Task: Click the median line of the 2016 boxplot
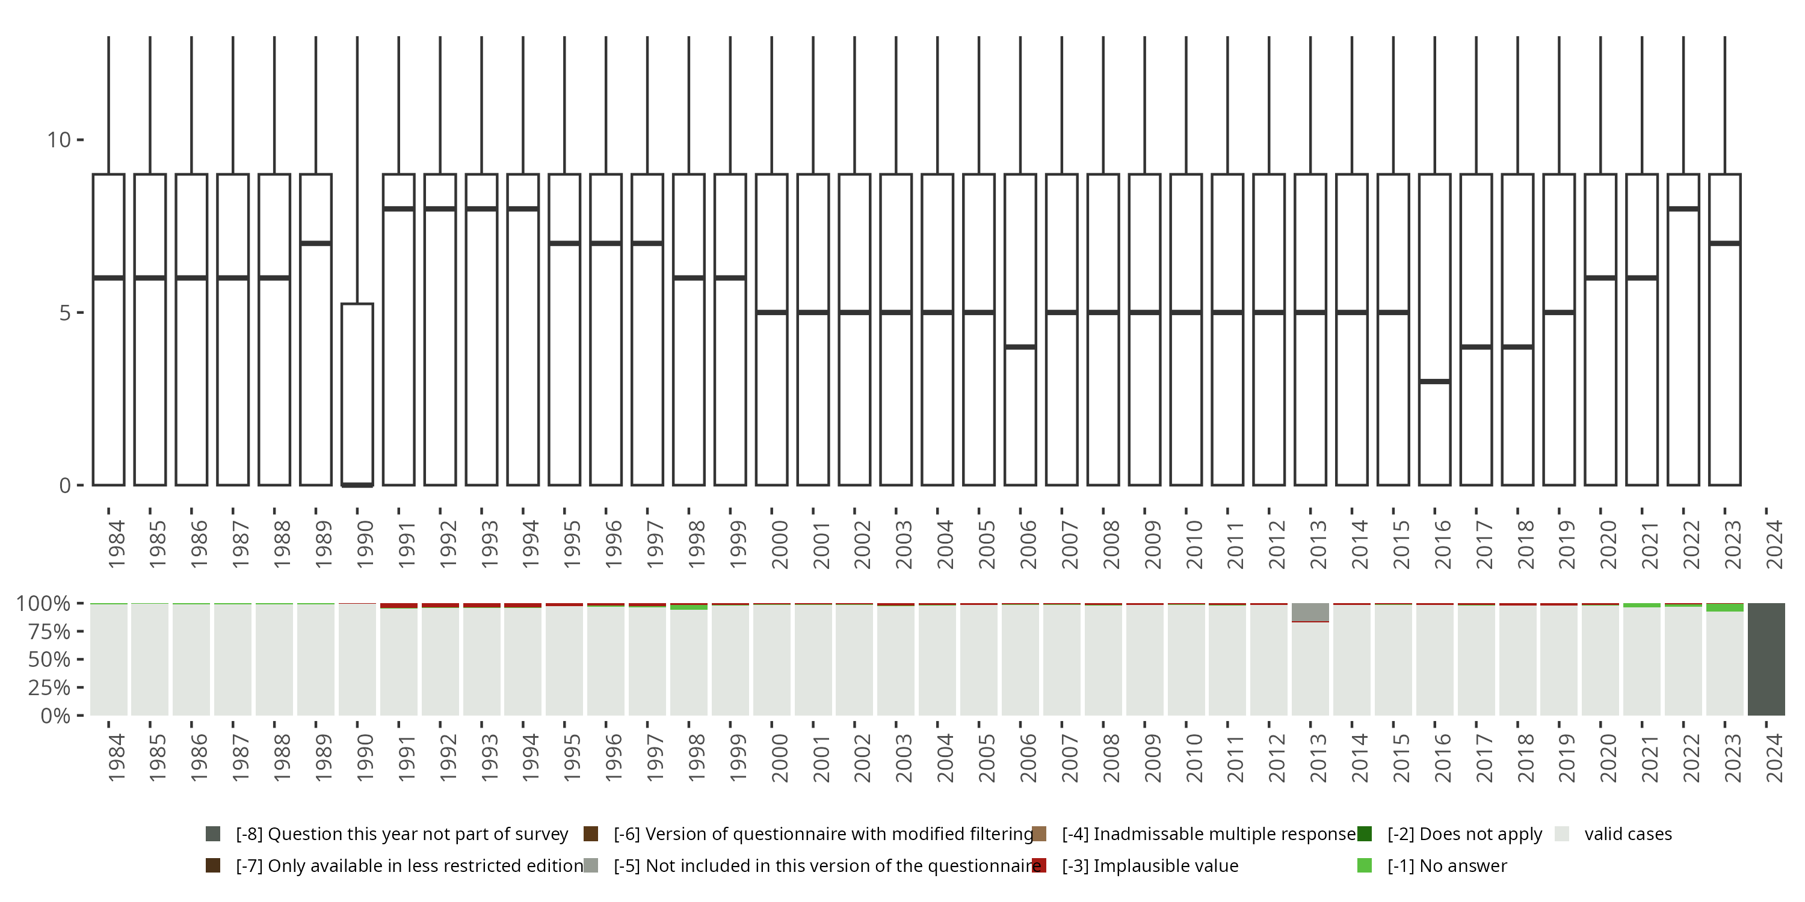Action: (x=1434, y=382)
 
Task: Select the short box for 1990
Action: (x=357, y=392)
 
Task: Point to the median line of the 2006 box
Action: (x=1020, y=346)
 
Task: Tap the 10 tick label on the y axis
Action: (x=59, y=140)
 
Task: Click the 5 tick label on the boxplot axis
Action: (x=65, y=312)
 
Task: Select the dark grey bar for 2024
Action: (x=1766, y=659)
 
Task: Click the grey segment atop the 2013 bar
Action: (x=1310, y=612)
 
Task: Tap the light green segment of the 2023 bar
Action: (x=1724, y=608)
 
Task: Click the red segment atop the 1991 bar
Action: (x=399, y=606)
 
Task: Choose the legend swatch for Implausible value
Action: (x=1039, y=865)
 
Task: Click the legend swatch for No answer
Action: (x=1364, y=865)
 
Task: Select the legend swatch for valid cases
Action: (x=1562, y=834)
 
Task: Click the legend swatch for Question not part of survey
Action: (x=213, y=834)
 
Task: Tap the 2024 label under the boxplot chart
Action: (x=1774, y=544)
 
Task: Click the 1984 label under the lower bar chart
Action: (x=116, y=758)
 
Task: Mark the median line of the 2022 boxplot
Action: (x=1683, y=209)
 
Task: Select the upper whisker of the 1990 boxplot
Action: (x=357, y=168)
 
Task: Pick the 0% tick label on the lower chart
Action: (x=55, y=716)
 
